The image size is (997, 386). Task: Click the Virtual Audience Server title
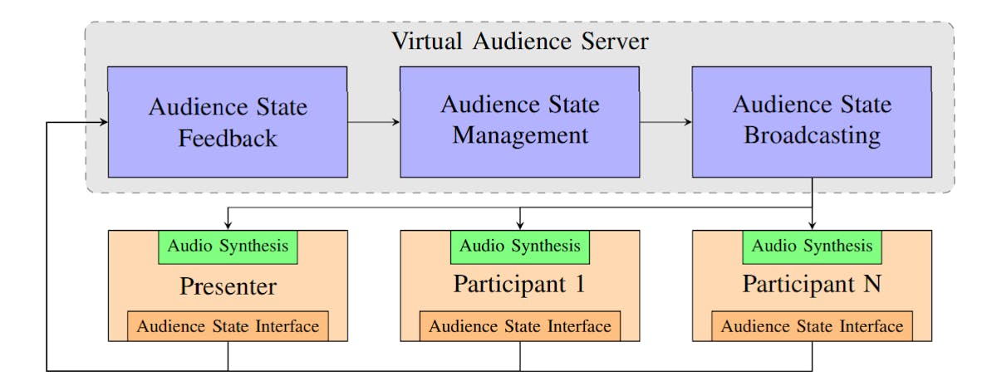[520, 42]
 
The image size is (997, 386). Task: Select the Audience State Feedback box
[228, 122]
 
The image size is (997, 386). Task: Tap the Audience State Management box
[520, 122]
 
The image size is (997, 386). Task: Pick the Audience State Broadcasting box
[812, 122]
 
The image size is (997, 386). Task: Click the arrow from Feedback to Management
[373, 122]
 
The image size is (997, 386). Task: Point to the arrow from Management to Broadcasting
[665, 122]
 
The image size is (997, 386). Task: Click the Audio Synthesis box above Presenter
[228, 247]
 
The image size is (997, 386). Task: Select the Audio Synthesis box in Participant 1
[520, 247]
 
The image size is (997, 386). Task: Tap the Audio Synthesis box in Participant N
[812, 247]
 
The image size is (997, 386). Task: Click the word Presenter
[228, 287]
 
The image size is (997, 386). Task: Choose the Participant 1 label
[520, 284]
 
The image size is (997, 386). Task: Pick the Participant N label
[812, 284]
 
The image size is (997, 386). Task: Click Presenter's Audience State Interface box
[228, 326]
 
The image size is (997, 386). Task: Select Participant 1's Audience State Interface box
[520, 326]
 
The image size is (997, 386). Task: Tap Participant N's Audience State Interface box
[812, 326]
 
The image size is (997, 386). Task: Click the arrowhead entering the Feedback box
[104, 123]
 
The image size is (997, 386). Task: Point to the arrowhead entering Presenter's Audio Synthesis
[228, 226]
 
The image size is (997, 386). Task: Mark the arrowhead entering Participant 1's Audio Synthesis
[520, 226]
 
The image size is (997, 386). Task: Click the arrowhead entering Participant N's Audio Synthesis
[812, 226]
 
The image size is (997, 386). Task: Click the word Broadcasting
[812, 136]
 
